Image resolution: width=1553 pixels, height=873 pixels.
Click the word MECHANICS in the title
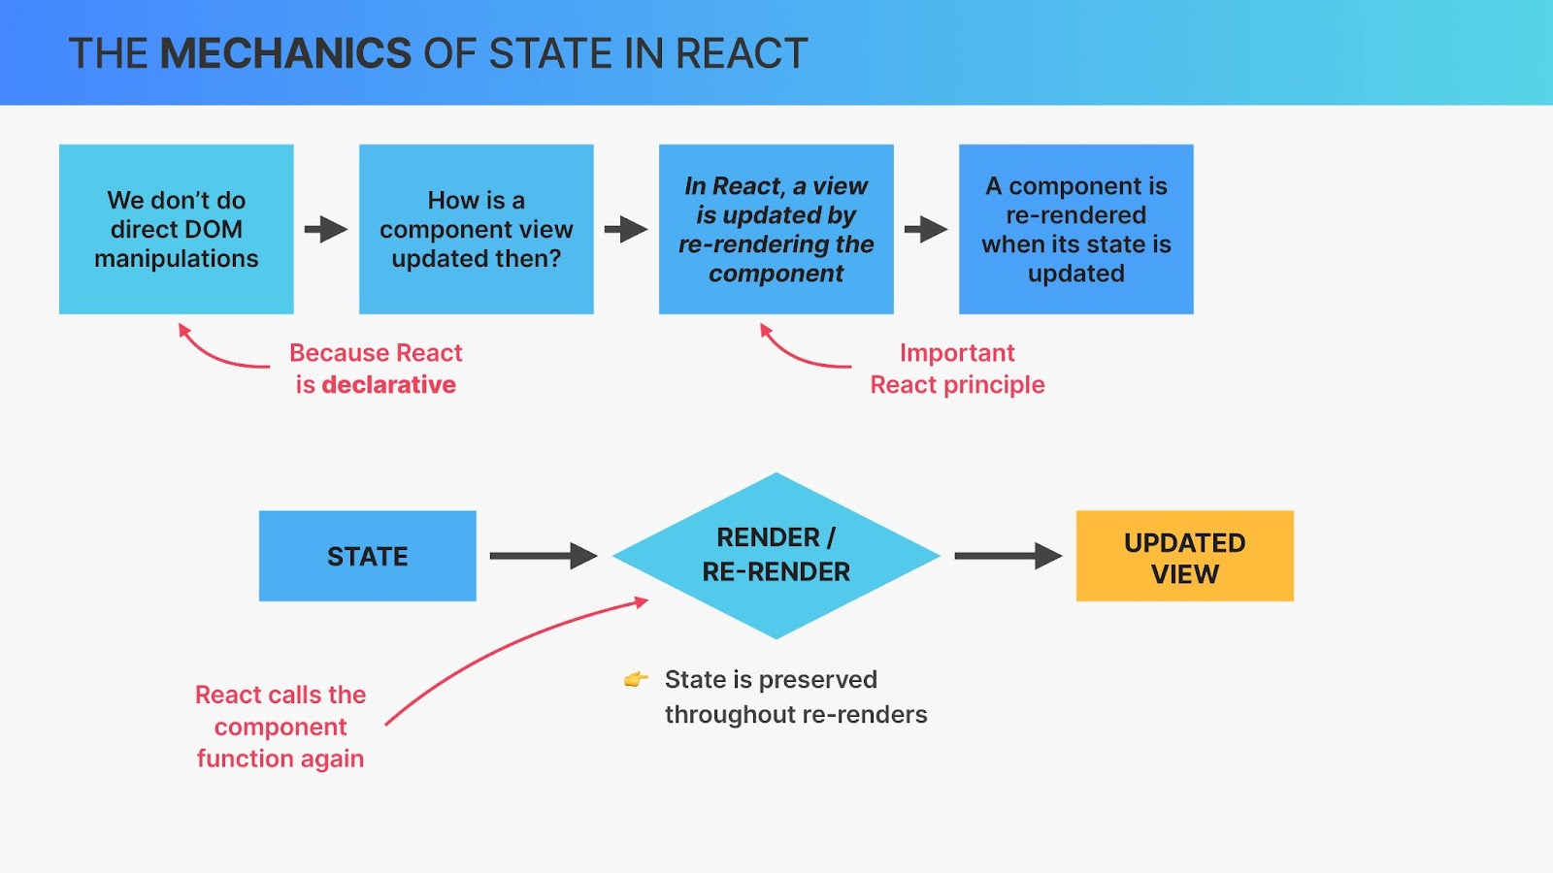point(285,53)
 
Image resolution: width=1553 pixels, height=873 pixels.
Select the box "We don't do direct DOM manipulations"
point(176,229)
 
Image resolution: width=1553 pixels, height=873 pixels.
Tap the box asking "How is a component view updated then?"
point(477,229)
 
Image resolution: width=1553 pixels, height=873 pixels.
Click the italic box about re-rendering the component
point(776,229)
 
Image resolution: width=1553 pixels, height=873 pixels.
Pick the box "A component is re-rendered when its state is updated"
point(1076,229)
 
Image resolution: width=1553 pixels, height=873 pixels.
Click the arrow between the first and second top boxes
point(326,229)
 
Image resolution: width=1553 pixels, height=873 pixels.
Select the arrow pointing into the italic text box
point(626,229)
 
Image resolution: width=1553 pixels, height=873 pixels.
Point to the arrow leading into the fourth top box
point(926,229)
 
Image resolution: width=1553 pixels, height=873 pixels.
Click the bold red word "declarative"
point(389,384)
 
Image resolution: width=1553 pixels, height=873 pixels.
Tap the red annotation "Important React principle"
point(957,369)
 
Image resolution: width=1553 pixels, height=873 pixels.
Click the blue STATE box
point(368,556)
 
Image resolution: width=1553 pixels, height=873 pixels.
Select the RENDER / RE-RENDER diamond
point(776,555)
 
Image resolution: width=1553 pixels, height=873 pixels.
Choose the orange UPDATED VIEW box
point(1185,556)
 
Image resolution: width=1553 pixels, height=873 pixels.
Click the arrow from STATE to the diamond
point(544,556)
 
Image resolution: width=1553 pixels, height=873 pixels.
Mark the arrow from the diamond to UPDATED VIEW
point(1008,556)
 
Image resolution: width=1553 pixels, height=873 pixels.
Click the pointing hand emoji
point(636,679)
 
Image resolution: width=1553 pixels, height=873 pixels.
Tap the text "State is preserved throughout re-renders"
point(796,697)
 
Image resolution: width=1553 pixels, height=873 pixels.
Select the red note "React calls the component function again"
point(281,727)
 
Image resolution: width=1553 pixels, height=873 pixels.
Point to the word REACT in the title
point(742,53)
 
